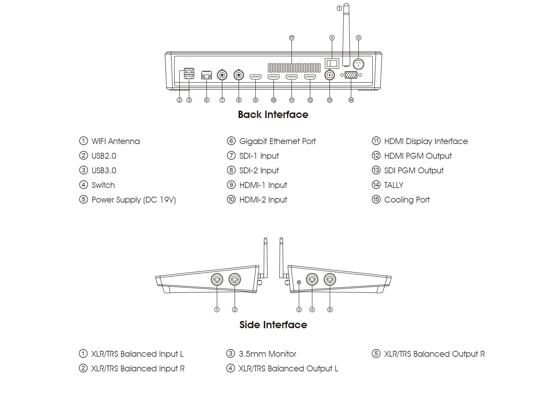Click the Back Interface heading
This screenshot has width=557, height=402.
273,115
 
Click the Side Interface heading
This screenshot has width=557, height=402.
273,325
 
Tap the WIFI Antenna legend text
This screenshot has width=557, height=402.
115,141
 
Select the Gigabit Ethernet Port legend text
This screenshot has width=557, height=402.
277,141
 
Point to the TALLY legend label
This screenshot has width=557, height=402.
394,185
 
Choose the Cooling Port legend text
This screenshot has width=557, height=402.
407,200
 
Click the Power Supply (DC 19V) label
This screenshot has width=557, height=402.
133,200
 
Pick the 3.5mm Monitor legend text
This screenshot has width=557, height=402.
267,354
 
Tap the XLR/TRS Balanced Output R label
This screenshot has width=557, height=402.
434,354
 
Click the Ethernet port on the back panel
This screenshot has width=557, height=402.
207,75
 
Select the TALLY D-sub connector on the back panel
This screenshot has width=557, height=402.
351,75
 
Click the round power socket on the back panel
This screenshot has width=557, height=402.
358,64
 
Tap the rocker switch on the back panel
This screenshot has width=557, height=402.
332,63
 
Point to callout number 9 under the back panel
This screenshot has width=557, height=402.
256,100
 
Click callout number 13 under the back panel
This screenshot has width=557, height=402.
330,100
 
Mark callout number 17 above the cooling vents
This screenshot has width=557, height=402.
292,38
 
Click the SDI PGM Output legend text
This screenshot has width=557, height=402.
413,171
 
